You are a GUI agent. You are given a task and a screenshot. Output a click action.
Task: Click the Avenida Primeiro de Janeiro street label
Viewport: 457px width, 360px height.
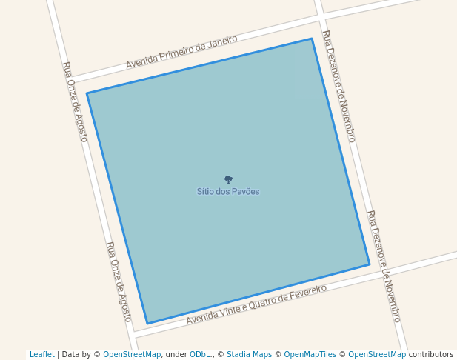[x=181, y=52]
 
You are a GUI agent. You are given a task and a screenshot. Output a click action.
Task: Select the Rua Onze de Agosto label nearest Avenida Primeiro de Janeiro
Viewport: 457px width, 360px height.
[x=76, y=102]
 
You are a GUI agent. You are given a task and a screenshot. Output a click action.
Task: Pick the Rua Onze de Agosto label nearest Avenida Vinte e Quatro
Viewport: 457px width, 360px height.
[x=119, y=281]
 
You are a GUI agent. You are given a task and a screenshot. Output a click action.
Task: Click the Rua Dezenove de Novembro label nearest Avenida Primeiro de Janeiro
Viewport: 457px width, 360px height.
[x=338, y=87]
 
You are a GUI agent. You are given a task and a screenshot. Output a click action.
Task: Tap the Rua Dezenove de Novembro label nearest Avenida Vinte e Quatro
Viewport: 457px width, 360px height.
[x=384, y=266]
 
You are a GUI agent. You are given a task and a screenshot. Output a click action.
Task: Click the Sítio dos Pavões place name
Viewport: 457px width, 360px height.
[x=228, y=192]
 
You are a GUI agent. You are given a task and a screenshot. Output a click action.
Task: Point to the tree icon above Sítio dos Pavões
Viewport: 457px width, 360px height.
[x=228, y=179]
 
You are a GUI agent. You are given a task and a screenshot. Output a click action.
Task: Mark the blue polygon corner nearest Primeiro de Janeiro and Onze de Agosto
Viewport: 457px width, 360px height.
[x=87, y=93]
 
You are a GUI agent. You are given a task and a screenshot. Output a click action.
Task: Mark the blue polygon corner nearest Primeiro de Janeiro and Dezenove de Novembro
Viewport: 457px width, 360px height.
[x=312, y=39]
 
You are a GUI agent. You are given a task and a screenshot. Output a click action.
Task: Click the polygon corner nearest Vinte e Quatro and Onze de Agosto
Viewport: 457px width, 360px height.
[x=147, y=324]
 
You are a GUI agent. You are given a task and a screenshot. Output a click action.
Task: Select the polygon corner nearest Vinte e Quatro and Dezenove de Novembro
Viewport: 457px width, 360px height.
[x=370, y=264]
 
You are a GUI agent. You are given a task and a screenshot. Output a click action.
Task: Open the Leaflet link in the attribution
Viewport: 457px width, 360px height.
[x=41, y=354]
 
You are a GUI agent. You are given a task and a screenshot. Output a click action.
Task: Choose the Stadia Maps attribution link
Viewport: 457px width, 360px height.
[x=249, y=354]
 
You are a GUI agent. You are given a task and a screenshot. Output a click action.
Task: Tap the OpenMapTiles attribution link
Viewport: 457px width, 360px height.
[x=310, y=354]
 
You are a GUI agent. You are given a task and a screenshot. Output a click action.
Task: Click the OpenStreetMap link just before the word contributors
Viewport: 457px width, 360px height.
[x=377, y=354]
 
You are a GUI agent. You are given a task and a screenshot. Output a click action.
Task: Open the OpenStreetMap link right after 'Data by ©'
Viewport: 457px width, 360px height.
[x=132, y=354]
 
